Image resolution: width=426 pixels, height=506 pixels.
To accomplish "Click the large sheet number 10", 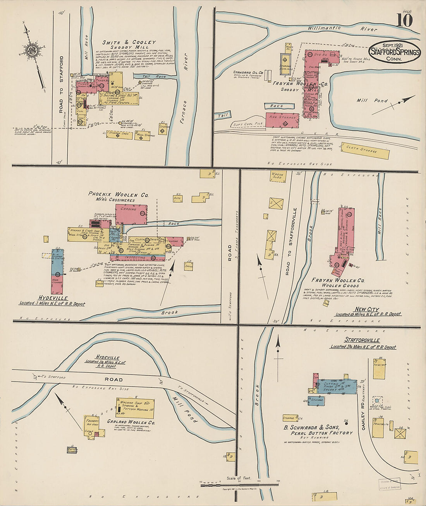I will (404, 20).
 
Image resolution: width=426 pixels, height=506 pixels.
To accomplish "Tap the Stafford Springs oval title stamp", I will (395, 52).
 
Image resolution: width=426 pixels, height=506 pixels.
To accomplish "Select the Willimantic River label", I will (342, 28).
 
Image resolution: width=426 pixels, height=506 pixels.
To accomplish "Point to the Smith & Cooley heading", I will (129, 42).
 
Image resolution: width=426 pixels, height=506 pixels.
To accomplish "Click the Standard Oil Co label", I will (248, 73).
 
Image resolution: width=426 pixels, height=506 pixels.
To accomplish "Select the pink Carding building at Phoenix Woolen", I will (131, 214).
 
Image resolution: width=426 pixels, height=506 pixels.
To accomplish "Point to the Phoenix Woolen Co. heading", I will (113, 194).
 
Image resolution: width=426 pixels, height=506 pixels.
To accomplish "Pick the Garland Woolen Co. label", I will (131, 422).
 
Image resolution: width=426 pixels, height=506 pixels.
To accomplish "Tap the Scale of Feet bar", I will (239, 484).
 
